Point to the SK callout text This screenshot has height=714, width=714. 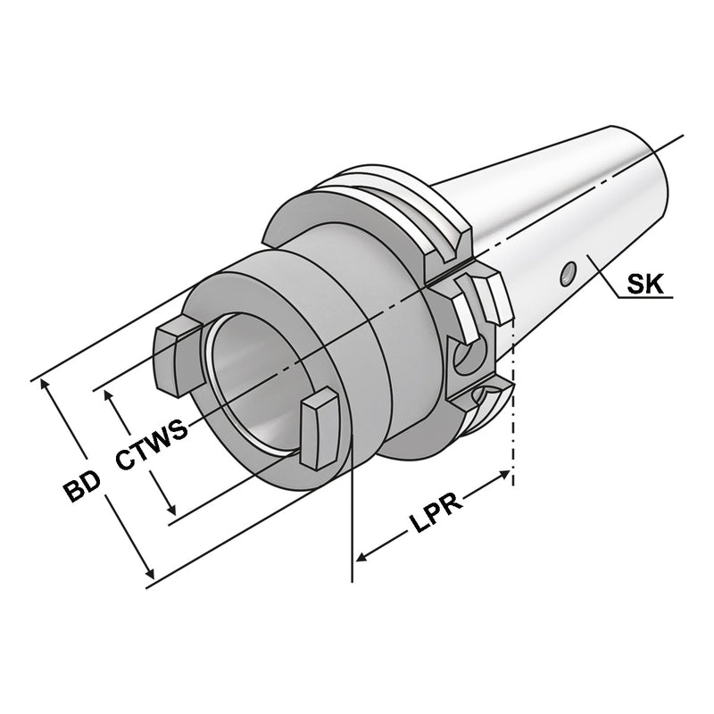point(644,286)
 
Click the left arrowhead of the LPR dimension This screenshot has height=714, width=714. point(362,557)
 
